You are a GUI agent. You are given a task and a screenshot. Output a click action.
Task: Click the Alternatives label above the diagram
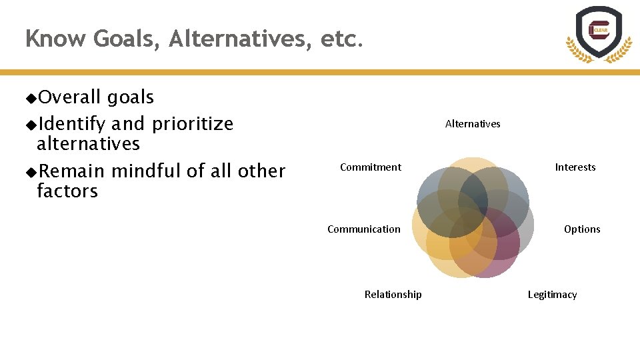pyautogui.click(x=473, y=123)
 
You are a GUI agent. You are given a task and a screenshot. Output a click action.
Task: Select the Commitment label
pyautogui.click(x=371, y=167)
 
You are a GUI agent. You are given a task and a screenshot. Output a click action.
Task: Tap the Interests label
pyautogui.click(x=575, y=167)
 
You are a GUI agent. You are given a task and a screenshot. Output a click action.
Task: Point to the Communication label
pyautogui.click(x=364, y=229)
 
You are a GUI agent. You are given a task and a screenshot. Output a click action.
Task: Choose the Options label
pyautogui.click(x=582, y=229)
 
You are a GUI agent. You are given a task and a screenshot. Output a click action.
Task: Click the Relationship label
pyautogui.click(x=393, y=295)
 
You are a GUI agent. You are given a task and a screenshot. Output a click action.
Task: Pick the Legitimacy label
pyautogui.click(x=553, y=295)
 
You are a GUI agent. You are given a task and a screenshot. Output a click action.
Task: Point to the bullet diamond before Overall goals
pyautogui.click(x=31, y=99)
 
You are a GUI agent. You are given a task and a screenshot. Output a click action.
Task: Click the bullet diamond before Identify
pyautogui.click(x=31, y=125)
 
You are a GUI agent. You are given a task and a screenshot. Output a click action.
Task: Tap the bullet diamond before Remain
pyautogui.click(x=31, y=172)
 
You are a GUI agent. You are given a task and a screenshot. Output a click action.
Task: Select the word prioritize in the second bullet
pyautogui.click(x=193, y=125)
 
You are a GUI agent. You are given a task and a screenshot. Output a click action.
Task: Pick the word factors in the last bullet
pyautogui.click(x=67, y=191)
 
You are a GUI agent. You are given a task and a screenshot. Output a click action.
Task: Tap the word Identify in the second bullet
pyautogui.click(x=72, y=125)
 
